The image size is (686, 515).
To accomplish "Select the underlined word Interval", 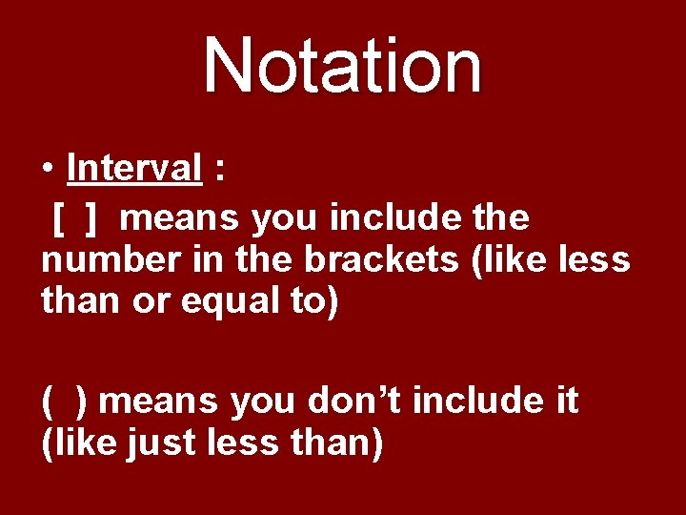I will click(x=134, y=169).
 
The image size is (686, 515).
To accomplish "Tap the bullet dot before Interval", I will click(x=47, y=170).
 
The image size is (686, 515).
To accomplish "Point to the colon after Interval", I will click(x=221, y=171).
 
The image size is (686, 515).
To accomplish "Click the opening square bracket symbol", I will click(x=59, y=218).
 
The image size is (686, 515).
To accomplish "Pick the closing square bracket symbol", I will click(x=90, y=218).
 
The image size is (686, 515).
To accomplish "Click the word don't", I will click(x=356, y=401).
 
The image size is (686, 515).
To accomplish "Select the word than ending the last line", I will click(x=339, y=444).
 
